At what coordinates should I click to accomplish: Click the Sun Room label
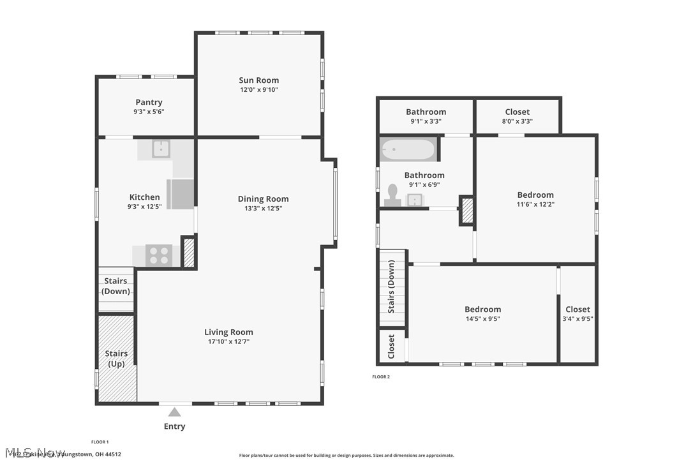click(258, 80)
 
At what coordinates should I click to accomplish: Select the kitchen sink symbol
click(161, 149)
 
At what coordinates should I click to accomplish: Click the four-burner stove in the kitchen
click(159, 255)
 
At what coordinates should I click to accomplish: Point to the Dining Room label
click(263, 199)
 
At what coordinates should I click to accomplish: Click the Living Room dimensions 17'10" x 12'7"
click(228, 342)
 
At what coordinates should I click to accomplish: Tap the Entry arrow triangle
click(174, 412)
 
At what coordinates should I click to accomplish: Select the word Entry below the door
click(174, 426)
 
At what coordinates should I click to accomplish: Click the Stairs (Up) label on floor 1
click(116, 359)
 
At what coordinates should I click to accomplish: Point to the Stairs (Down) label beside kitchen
click(116, 286)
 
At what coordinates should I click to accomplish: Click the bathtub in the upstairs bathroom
click(408, 151)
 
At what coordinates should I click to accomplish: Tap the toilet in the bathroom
click(392, 195)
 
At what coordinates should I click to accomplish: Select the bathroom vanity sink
click(415, 200)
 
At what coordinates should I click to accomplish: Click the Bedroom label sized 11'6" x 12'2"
click(535, 195)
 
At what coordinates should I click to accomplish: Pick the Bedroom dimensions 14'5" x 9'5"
click(482, 319)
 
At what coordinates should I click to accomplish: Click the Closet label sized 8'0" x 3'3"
click(517, 112)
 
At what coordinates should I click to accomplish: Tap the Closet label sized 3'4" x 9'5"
click(577, 309)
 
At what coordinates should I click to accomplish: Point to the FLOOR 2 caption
click(381, 377)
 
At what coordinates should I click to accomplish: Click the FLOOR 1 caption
click(100, 442)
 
